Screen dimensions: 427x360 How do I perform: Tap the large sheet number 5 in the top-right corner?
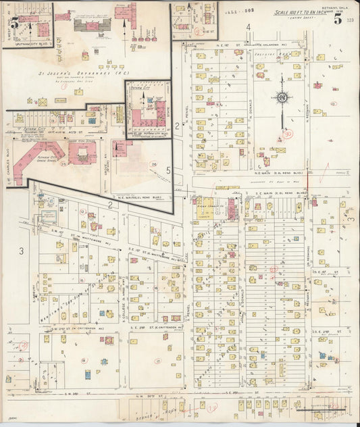click(337, 18)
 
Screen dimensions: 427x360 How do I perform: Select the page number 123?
click(349, 22)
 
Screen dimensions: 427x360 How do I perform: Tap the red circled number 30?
click(288, 134)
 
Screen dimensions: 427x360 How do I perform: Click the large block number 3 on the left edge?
click(21, 251)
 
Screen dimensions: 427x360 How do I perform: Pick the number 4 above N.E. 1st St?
click(248, 28)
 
